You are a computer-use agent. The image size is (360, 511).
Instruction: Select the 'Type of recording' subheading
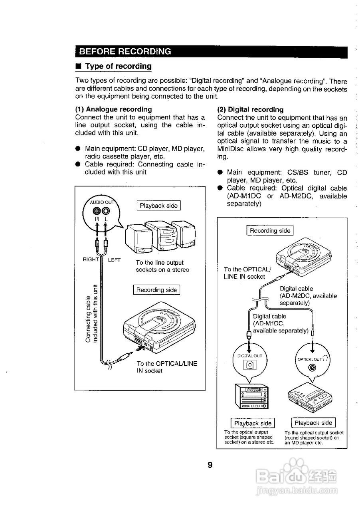click(x=119, y=66)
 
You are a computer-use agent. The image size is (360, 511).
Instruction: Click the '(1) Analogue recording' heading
click(x=113, y=109)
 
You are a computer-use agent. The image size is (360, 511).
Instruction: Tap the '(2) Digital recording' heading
click(x=250, y=109)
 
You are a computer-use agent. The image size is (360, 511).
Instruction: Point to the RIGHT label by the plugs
click(x=91, y=259)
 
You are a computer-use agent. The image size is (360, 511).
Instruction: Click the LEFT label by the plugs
click(x=114, y=260)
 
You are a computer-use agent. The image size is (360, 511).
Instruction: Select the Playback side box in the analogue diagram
click(x=158, y=206)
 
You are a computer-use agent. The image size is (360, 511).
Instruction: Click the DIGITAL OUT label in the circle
click(x=249, y=355)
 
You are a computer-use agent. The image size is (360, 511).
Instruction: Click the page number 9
click(x=210, y=465)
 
